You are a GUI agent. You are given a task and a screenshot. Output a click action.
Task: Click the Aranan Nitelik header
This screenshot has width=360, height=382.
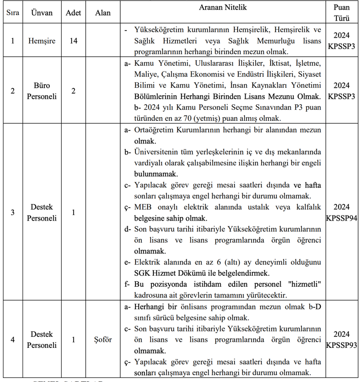(223, 8)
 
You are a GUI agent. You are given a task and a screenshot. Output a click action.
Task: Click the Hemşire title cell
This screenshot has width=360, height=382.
(42, 40)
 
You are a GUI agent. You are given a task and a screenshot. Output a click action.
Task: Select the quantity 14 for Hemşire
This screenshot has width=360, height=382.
(73, 40)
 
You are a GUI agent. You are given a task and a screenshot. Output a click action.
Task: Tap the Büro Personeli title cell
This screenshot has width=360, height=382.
(42, 90)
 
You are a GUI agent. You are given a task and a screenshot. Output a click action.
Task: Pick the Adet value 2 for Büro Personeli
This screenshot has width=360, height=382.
(73, 91)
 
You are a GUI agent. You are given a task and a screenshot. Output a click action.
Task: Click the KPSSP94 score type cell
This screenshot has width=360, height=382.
(341, 212)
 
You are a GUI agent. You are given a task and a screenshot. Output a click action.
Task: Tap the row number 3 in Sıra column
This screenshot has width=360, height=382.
(13, 212)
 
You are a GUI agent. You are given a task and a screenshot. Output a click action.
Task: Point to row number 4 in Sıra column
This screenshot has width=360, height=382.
(13, 340)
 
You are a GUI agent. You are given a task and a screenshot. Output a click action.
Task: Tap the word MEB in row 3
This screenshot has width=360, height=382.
(142, 207)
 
